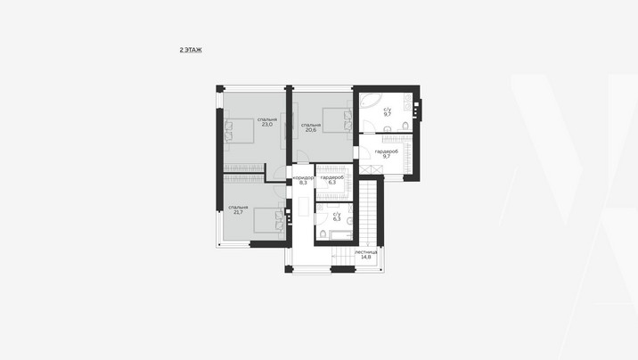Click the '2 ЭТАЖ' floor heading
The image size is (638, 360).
(191, 50)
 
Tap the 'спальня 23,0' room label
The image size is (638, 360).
(267, 122)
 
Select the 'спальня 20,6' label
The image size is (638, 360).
(311, 127)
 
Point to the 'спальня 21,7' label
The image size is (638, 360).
(238, 210)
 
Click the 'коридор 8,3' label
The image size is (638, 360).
(303, 181)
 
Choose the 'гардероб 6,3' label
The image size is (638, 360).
(332, 180)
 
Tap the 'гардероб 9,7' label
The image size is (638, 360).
(387, 154)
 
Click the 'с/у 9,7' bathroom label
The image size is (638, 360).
(388, 112)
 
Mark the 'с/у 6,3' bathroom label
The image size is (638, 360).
(337, 217)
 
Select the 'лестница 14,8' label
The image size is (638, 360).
(366, 255)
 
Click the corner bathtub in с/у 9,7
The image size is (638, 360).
(370, 101)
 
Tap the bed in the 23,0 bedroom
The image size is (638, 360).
(239, 131)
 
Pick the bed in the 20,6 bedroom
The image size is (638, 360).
(338, 120)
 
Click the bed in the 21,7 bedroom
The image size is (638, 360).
(268, 220)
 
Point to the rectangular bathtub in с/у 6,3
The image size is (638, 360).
(341, 235)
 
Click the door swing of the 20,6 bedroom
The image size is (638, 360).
(302, 156)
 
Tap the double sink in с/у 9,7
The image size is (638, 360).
(408, 102)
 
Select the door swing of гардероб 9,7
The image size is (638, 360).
(364, 152)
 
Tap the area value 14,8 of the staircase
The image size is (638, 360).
(366, 258)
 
